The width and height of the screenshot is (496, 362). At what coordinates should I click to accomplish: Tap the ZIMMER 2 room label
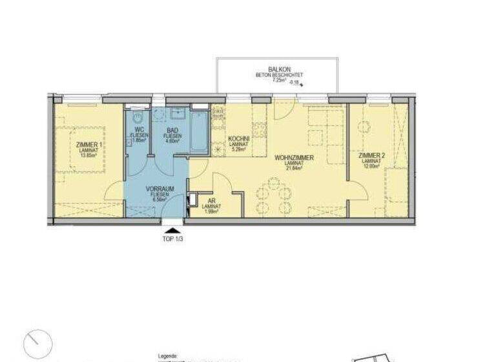coord(372,155)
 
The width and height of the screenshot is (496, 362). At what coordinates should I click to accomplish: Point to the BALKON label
coord(280,69)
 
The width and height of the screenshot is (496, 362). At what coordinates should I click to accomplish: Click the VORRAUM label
coord(159,188)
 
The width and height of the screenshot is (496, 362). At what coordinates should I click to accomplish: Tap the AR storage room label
coord(212,201)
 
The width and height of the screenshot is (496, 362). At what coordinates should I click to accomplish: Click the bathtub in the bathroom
coord(199,133)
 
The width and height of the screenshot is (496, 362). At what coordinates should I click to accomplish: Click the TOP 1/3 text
coord(172,238)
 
